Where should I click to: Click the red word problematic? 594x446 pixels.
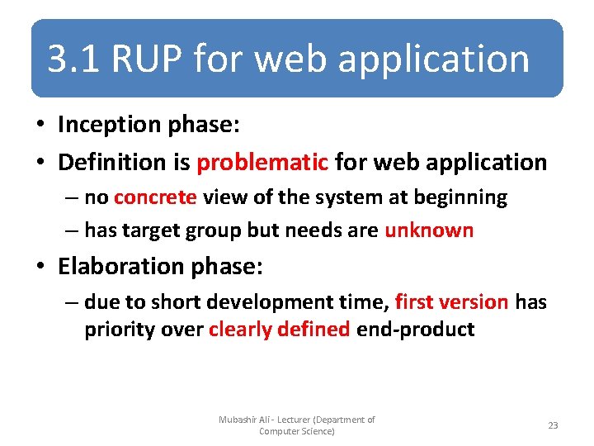[x=262, y=162]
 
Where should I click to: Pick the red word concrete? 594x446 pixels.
[x=155, y=197]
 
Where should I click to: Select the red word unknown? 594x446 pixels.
[x=429, y=230]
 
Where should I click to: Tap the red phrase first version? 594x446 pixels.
[x=451, y=302]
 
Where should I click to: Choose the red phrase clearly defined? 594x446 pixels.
[x=280, y=330]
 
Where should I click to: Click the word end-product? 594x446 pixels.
[x=415, y=330]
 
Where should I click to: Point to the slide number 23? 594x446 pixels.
[x=553, y=425]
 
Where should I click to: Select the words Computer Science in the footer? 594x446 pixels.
[x=295, y=431]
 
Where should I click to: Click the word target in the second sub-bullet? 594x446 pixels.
[x=154, y=230]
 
